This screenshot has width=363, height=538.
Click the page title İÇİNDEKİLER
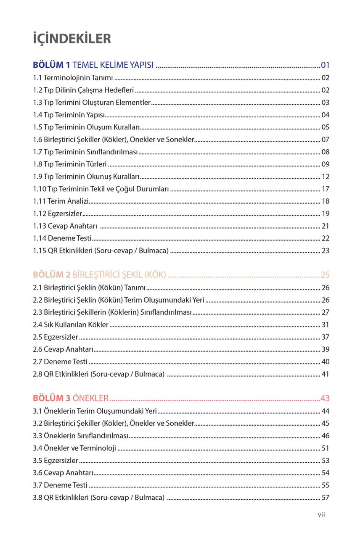point(72,39)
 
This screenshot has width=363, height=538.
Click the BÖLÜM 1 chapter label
point(52,65)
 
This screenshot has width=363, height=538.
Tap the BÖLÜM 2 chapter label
point(52,275)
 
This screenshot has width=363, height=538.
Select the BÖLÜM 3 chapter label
point(52,398)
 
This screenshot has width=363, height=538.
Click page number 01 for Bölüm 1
point(325,65)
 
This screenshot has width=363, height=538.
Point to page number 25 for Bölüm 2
point(325,275)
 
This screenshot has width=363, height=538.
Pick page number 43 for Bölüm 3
point(325,398)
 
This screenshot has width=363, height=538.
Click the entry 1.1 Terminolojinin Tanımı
point(73,78)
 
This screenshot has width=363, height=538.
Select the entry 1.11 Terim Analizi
point(61,201)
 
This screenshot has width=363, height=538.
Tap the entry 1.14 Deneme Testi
point(62,238)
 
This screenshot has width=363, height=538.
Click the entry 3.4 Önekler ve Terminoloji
point(74,448)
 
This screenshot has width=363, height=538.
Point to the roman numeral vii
point(322,515)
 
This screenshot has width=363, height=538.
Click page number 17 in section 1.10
point(325,189)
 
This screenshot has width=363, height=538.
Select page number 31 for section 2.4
point(325,324)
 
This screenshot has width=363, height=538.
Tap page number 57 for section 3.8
point(325,498)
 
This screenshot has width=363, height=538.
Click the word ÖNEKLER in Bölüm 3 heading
point(90,398)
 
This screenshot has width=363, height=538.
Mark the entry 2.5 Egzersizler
point(56,337)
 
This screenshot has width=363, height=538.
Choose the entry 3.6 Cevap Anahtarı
point(63,473)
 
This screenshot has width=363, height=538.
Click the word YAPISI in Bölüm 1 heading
point(140,65)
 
